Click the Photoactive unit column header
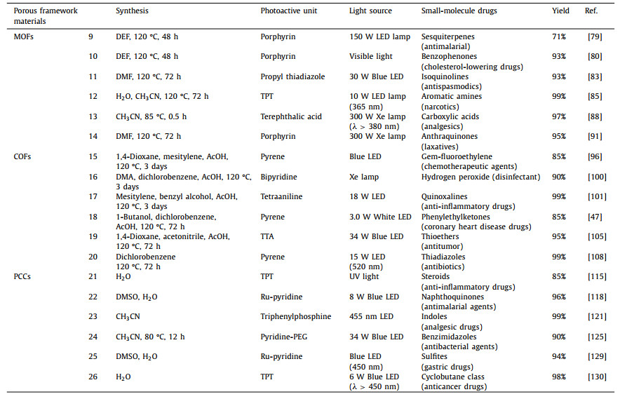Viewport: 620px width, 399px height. (287, 11)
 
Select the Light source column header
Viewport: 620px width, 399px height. (370, 11)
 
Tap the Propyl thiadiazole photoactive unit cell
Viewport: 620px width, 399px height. (292, 76)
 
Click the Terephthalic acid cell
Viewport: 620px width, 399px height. (290, 116)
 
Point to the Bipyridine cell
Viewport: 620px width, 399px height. (277, 177)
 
